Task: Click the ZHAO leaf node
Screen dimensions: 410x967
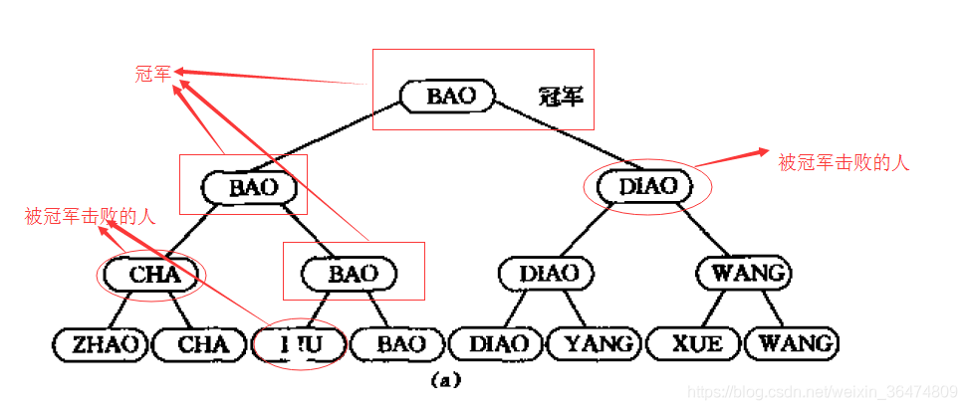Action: coord(100,345)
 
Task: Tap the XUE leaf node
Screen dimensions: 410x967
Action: coord(695,344)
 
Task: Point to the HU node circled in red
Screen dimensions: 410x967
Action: coord(299,345)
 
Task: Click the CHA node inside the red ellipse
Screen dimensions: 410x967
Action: coord(154,273)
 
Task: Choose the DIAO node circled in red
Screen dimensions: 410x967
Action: coord(647,185)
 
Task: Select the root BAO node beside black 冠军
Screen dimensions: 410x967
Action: coord(451,96)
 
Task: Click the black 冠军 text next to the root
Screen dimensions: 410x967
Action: coord(560,97)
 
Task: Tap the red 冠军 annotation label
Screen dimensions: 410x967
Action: coord(153,73)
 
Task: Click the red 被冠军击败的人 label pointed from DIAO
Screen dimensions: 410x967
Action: coord(844,162)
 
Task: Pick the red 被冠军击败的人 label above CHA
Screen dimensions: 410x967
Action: coord(91,216)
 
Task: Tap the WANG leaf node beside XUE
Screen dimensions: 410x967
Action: coord(795,344)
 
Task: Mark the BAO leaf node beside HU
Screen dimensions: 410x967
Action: coord(401,345)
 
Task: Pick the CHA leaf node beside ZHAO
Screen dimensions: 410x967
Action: coord(203,345)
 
